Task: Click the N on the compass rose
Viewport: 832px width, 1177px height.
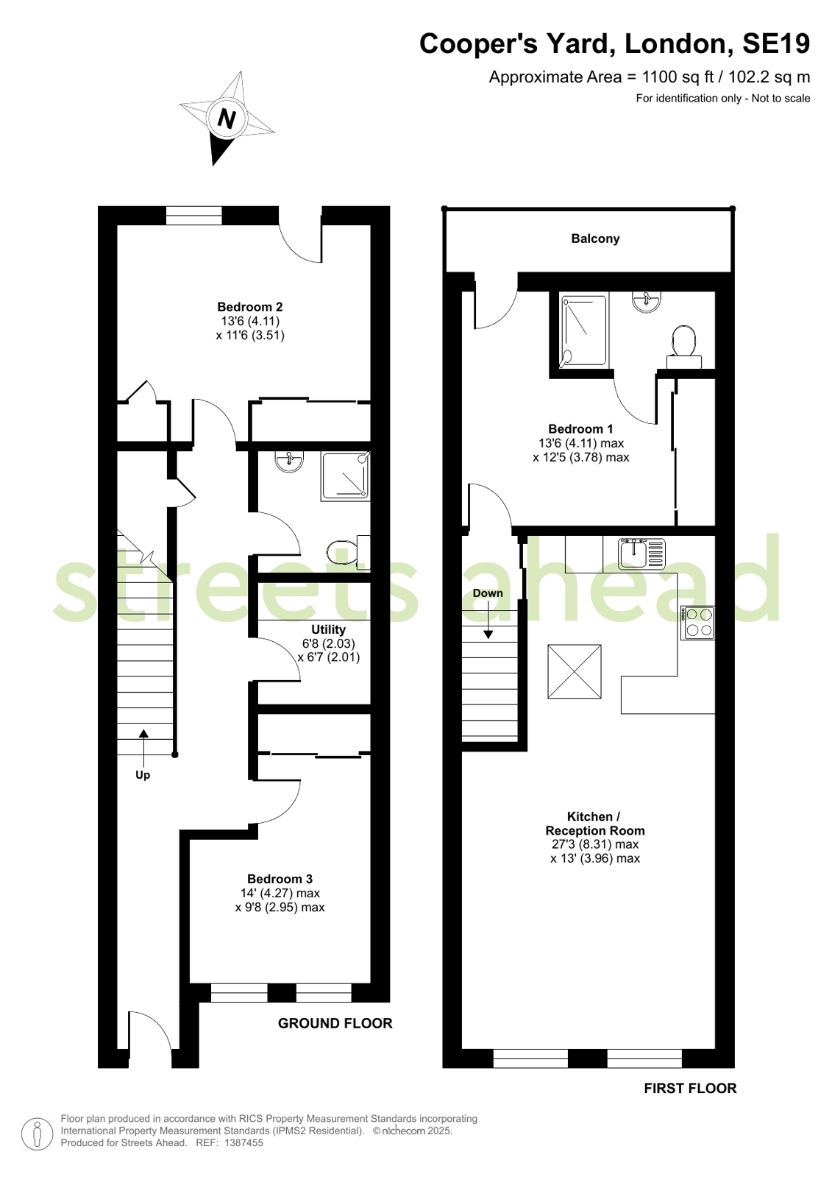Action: click(x=227, y=119)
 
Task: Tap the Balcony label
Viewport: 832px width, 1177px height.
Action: click(x=595, y=238)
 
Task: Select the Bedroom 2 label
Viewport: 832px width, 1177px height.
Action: click(x=250, y=306)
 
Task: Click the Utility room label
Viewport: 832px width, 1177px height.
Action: click(x=328, y=629)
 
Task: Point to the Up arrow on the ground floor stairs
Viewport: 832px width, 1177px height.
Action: click(x=143, y=748)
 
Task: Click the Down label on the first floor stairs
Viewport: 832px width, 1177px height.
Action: click(x=488, y=593)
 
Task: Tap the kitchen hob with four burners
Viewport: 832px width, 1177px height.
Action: click(x=697, y=623)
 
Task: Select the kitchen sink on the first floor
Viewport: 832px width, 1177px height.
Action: click(x=641, y=554)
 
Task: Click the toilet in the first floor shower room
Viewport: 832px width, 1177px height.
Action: click(x=684, y=346)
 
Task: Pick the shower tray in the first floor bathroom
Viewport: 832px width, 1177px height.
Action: click(x=583, y=331)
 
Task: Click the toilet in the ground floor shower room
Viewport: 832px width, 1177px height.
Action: click(x=348, y=552)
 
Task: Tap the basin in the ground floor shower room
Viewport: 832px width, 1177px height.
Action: click(x=289, y=461)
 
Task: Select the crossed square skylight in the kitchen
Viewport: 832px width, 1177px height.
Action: click(x=574, y=671)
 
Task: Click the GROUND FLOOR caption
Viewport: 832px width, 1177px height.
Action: click(x=335, y=1023)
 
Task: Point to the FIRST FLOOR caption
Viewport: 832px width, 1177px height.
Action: click(x=690, y=1088)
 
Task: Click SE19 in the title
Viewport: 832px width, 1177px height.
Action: click(x=776, y=43)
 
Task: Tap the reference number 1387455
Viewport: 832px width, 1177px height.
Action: click(x=243, y=1142)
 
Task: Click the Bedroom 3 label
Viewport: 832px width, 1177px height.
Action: click(x=280, y=879)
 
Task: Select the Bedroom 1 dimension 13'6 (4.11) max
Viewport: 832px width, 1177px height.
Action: click(x=581, y=443)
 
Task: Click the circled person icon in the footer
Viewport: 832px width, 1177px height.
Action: click(x=38, y=1134)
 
